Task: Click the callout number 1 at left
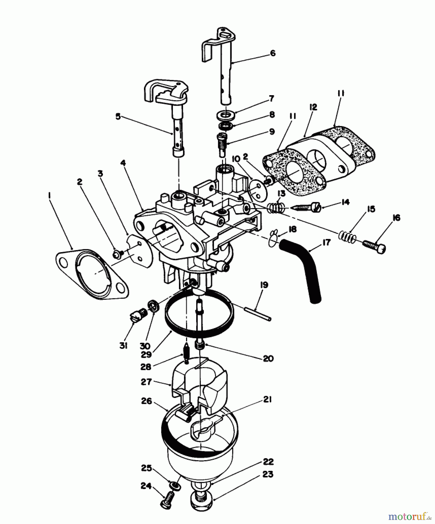(x=49, y=196)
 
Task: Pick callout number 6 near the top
(x=273, y=53)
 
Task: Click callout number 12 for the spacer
(x=313, y=107)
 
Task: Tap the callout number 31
(x=123, y=346)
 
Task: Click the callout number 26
(x=147, y=401)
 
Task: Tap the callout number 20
(x=268, y=359)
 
